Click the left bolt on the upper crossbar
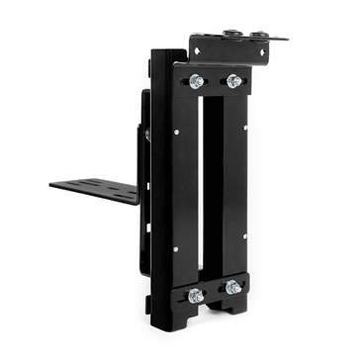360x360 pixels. [x=195, y=80]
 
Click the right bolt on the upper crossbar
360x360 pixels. [x=233, y=80]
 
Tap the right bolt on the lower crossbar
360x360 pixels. [x=233, y=288]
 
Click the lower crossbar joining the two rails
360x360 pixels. [x=214, y=291]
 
